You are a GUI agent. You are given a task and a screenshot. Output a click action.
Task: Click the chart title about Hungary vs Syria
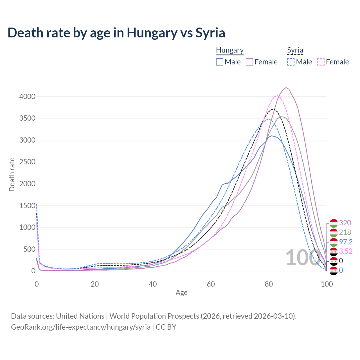tap(116, 33)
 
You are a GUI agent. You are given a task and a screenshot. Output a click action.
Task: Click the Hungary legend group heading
tap(230, 50)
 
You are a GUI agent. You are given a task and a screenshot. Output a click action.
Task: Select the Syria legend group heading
tap(295, 50)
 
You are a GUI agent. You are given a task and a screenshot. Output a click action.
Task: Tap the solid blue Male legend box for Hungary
tap(220, 62)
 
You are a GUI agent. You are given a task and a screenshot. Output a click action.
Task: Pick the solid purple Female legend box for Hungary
tap(250, 62)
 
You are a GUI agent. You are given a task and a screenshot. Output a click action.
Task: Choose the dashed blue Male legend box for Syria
tap(291, 62)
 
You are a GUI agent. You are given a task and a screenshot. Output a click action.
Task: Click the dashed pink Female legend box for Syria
tap(321, 62)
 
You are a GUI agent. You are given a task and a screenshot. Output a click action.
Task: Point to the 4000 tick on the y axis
tap(27, 96)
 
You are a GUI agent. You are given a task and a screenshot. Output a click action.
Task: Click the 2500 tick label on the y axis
tap(27, 162)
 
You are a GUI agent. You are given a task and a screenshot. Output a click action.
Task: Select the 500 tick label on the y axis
tap(29, 249)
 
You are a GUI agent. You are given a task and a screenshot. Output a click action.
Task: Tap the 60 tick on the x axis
tap(211, 284)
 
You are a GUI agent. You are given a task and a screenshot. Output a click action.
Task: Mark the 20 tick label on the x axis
tap(95, 284)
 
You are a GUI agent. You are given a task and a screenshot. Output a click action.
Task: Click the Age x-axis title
tap(181, 293)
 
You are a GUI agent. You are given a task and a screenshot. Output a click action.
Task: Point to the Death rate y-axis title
tap(12, 175)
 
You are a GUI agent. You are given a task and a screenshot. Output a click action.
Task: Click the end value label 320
tap(345, 223)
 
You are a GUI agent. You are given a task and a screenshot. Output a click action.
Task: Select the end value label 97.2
tap(346, 242)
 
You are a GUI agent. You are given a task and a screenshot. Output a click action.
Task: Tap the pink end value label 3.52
tap(346, 251)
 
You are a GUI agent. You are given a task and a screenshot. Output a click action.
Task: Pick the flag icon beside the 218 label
tap(333, 233)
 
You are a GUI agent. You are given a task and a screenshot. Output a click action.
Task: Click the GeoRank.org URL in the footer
tap(81, 327)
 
